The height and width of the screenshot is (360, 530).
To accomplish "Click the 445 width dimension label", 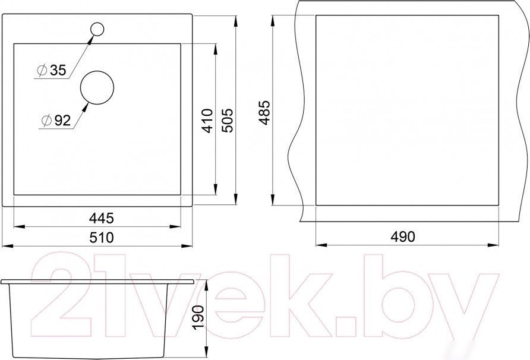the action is point(102,219).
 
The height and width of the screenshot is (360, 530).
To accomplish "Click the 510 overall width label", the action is point(102,237).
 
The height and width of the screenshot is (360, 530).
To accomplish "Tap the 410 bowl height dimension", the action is point(207,121).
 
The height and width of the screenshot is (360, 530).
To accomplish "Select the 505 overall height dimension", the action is point(227,121).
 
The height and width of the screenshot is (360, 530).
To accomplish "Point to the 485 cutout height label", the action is point(264,112).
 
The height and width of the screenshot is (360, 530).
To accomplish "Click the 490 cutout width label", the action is point(402,236).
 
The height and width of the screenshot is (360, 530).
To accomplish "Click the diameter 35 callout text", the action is point(52,70).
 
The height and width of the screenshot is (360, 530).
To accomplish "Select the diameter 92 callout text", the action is point(56,121).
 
